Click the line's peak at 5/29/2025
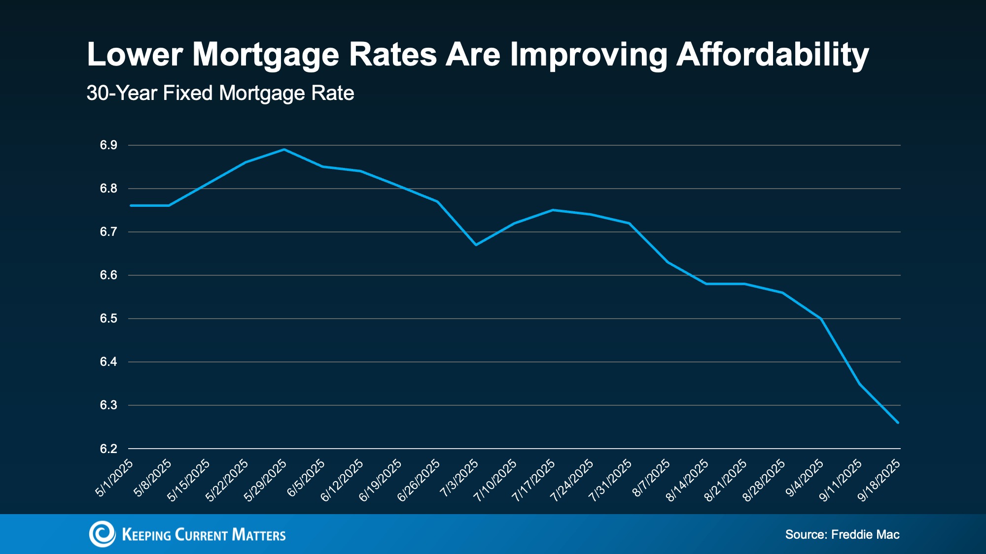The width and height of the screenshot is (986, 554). click(284, 149)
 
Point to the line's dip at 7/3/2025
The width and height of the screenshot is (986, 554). click(476, 245)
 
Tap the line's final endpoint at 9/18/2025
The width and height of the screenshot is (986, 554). click(898, 423)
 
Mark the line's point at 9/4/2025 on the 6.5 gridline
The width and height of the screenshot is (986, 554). click(821, 319)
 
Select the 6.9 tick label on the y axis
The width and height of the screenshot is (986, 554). click(108, 145)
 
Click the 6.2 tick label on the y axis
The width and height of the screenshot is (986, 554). click(108, 449)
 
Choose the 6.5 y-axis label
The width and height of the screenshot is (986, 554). click(108, 319)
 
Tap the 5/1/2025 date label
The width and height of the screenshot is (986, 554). click(114, 478)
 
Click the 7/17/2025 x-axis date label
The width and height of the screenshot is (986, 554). click(533, 480)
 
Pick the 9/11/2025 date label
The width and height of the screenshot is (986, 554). click(841, 480)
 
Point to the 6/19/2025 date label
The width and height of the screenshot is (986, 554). click(380, 480)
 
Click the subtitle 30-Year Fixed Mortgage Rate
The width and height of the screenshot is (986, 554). click(220, 93)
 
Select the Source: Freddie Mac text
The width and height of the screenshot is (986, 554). click(842, 534)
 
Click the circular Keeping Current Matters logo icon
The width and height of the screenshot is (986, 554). click(102, 534)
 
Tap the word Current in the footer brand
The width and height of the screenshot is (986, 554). click(201, 535)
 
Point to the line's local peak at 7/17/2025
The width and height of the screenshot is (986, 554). click(553, 210)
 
